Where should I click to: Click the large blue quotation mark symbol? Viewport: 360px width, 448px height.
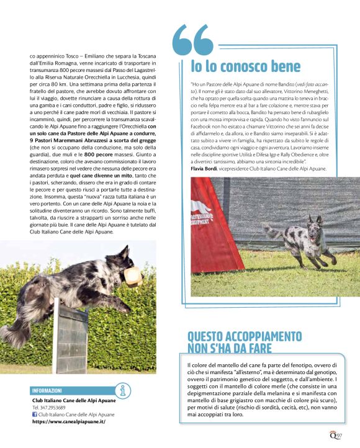192,41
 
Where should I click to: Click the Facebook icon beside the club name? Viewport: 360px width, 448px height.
35,414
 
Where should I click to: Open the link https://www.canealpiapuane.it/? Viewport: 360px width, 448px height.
68,421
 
